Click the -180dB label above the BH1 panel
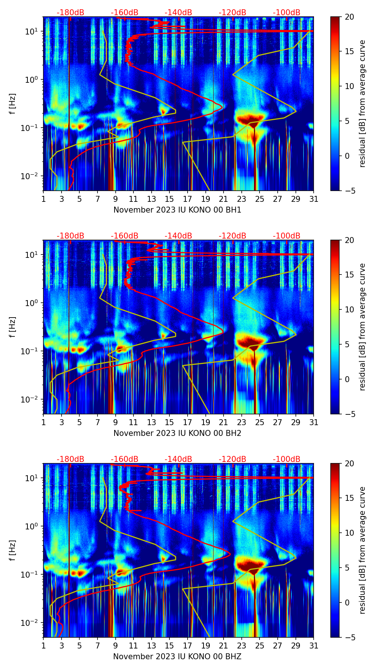coord(70,13)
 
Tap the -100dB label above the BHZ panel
coord(287,459)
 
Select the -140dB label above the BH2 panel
coord(178,236)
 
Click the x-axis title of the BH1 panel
coord(177,210)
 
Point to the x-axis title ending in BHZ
coord(177,657)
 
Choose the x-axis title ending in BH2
coord(177,433)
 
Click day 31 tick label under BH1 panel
coord(314,199)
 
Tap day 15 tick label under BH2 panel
coord(169,423)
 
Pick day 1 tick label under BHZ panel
coord(43,646)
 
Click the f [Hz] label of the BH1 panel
coord(13,104)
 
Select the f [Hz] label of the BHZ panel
coord(13,551)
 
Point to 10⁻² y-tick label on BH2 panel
coord(31,399)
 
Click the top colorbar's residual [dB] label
coord(362,104)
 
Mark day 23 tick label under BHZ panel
coord(242,646)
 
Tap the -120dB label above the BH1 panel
coord(232,13)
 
